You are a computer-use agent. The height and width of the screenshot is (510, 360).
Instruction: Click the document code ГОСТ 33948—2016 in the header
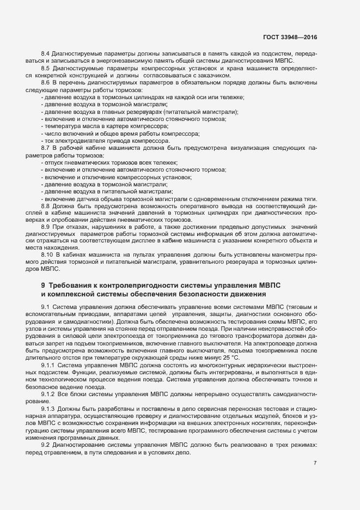(x=290, y=37)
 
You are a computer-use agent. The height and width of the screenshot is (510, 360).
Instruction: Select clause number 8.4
(x=46, y=53)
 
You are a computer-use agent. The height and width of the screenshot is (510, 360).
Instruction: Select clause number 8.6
(x=46, y=82)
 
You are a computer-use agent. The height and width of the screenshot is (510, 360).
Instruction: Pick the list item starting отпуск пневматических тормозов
(x=109, y=163)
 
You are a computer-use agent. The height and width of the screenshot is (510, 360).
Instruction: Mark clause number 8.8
(x=46, y=205)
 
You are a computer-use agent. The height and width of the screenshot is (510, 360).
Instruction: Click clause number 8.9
(x=46, y=226)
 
